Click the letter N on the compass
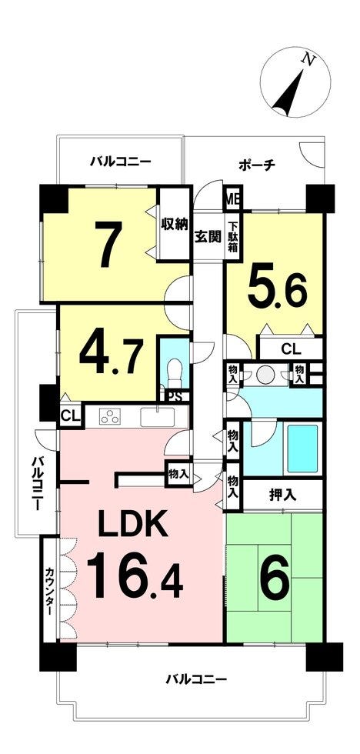tap(308, 60)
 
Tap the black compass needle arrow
tap(289, 93)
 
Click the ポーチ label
tap(257, 165)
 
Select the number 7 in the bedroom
tap(108, 245)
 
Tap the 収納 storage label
tap(173, 225)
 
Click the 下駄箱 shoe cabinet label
tap(232, 238)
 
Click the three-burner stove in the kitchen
tap(109, 416)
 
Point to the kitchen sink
tap(157, 416)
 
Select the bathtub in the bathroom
tap(302, 449)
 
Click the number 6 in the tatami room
tap(275, 576)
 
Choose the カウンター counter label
tap(49, 591)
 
